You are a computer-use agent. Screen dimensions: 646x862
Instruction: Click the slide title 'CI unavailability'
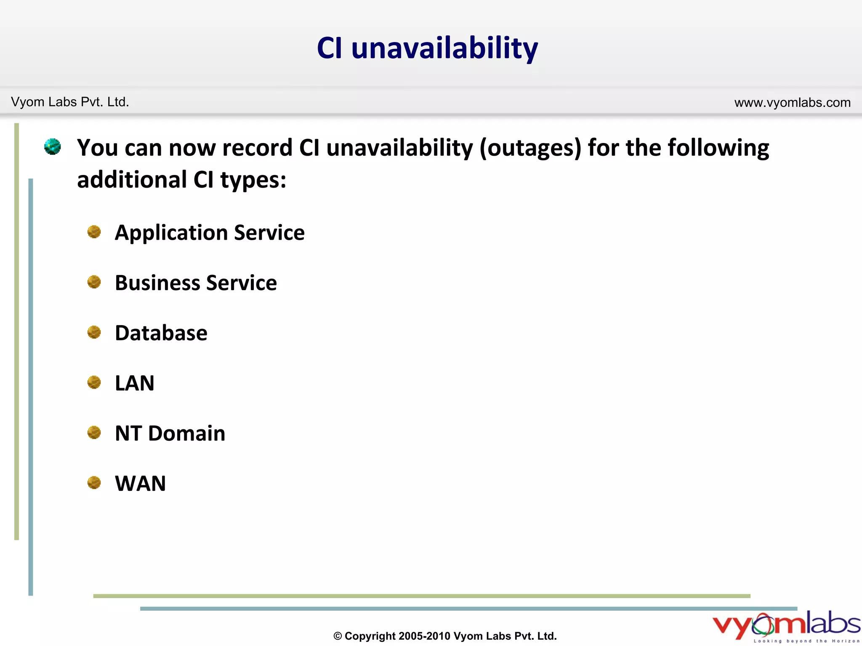point(427,48)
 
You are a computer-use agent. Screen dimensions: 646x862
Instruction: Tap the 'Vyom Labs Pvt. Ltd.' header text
point(70,102)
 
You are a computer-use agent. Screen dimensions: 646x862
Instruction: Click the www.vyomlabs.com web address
point(792,103)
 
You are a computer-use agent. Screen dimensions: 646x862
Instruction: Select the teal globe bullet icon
point(53,147)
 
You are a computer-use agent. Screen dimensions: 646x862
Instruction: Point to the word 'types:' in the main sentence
point(253,180)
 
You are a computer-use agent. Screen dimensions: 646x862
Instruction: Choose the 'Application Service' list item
point(210,233)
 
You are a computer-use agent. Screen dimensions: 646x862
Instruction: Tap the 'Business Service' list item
point(196,283)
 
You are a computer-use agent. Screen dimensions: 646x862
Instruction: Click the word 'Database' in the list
point(161,333)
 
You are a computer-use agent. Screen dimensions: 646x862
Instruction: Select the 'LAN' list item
point(135,383)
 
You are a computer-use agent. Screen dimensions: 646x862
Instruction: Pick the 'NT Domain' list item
point(170,433)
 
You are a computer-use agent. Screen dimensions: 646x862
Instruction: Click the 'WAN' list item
point(141,484)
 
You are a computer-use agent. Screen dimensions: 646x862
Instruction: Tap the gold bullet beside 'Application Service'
point(94,232)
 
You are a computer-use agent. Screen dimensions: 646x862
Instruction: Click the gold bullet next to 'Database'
point(94,332)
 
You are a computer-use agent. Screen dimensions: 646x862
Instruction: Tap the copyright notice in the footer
point(445,636)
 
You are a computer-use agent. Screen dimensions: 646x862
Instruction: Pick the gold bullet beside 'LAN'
point(94,382)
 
